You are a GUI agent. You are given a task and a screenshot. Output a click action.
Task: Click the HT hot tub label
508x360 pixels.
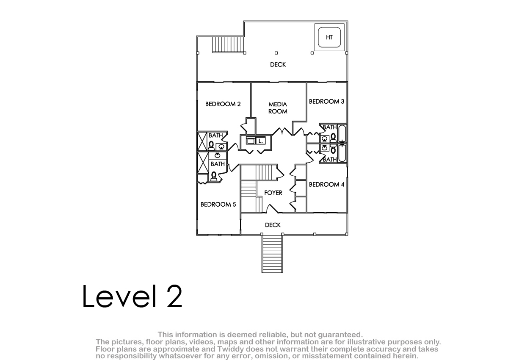coord(329,37)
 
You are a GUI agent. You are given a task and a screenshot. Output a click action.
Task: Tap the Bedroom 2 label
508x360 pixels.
coord(223,104)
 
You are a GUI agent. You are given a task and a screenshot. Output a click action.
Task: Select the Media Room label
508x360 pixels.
coord(278,108)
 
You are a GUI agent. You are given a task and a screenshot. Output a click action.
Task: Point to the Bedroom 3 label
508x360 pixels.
coord(326,101)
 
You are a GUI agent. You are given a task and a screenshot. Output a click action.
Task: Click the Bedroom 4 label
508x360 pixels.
coord(326,184)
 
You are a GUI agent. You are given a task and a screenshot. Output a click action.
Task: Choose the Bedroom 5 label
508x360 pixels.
coord(218,205)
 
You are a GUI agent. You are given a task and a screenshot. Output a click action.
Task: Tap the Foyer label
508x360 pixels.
coord(273,193)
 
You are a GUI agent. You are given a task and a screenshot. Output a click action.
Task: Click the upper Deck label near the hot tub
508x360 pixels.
coord(278,65)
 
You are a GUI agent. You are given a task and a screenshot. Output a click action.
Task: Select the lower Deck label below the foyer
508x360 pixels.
coord(273,225)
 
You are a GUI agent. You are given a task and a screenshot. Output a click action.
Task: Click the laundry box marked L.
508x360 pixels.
coord(261,141)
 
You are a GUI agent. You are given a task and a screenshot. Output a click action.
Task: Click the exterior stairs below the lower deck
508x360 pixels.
coord(272,254)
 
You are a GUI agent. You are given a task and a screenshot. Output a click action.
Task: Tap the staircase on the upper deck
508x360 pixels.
coord(228,44)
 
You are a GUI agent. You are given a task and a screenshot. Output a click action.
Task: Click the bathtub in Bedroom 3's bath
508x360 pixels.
coord(342,133)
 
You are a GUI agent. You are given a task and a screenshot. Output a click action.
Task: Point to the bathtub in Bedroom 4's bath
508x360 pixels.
coord(342,154)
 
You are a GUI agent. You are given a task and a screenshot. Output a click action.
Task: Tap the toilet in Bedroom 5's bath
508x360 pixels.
coord(214,177)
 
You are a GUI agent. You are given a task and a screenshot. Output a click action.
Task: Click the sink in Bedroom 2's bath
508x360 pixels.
coord(221,147)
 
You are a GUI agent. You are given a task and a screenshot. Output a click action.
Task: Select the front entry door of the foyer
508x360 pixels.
coord(272,208)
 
